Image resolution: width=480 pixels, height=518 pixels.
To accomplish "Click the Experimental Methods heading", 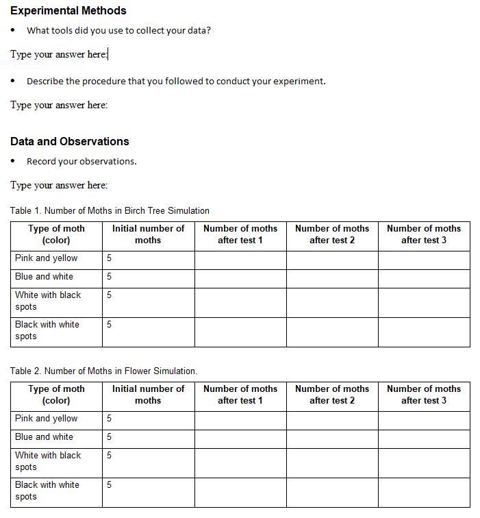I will tap(68, 10).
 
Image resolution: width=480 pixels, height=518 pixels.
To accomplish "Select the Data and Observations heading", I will tap(69, 141).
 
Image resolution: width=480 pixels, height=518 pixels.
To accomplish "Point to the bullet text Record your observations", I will tap(81, 161).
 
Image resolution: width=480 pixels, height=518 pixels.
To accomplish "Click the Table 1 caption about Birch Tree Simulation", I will tap(110, 210).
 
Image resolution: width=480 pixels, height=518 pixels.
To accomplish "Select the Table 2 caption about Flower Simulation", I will tap(103, 371).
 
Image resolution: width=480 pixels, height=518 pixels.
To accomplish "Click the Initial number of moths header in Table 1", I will tap(148, 234).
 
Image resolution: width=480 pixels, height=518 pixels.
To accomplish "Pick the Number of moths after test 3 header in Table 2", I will tap(424, 395).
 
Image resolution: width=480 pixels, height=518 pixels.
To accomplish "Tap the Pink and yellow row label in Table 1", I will tap(47, 258).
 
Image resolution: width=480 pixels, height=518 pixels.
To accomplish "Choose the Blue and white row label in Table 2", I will tap(44, 437).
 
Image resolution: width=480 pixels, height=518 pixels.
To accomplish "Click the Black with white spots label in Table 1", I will tap(47, 330).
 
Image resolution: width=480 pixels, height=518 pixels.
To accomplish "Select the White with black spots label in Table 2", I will tap(48, 461).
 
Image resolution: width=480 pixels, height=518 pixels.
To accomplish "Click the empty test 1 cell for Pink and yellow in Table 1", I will tap(240, 260).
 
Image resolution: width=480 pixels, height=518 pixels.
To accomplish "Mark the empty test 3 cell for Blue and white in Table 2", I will tap(424, 439).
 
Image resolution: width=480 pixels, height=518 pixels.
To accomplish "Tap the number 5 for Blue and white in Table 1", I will tap(109, 277).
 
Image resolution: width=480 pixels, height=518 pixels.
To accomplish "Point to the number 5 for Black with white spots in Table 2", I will tap(109, 485).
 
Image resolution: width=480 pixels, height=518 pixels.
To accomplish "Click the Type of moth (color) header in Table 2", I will tap(56, 395).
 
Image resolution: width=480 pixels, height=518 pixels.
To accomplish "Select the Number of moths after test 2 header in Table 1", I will tap(332, 234).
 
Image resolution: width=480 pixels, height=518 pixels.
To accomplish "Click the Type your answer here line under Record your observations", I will tap(59, 185).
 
